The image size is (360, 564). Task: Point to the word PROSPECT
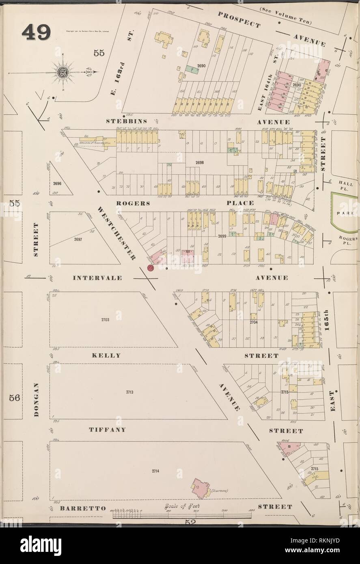tap(239, 19)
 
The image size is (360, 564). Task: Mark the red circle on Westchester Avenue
tap(151, 268)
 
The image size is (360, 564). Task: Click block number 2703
tap(105, 320)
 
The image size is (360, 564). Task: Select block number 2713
tap(129, 392)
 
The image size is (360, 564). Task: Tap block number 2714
tap(155, 471)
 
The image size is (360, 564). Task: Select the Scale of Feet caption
tap(181, 506)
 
